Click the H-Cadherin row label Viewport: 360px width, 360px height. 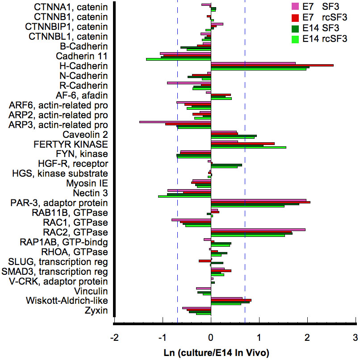83,66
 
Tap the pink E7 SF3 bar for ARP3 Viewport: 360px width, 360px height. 175,122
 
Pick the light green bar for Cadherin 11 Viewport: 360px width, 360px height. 178,59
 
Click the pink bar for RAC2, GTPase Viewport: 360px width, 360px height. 258,230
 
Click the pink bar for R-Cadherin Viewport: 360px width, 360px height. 189,83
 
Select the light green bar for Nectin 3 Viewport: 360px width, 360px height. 184,196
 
